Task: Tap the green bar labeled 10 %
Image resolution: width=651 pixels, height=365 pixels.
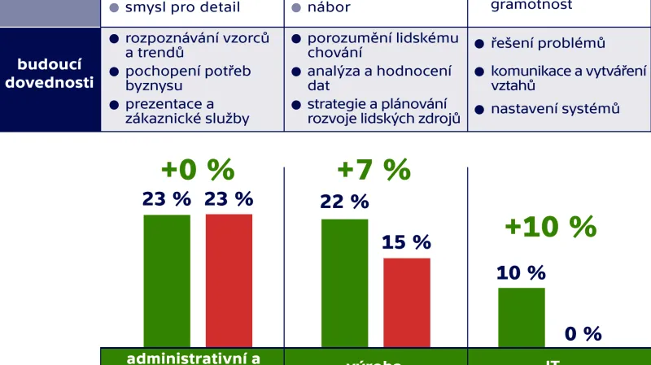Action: [x=521, y=317]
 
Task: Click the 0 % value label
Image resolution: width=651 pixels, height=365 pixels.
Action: [x=583, y=333]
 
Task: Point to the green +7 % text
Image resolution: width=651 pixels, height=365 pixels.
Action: [x=374, y=170]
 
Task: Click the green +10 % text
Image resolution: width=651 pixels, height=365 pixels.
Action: [x=550, y=227]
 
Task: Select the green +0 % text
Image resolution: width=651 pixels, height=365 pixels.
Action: [x=198, y=170]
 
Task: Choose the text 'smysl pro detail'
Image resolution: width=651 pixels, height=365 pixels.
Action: [x=182, y=8]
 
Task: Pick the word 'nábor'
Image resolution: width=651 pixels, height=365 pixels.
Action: [x=328, y=8]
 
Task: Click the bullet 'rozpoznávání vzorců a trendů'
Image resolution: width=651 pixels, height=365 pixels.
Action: [x=196, y=46]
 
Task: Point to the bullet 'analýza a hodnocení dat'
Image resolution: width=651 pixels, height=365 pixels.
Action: [x=378, y=78]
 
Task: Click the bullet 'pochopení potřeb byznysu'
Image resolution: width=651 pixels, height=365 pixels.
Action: [x=187, y=78]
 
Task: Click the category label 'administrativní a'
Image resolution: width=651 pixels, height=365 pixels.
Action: [x=192, y=357]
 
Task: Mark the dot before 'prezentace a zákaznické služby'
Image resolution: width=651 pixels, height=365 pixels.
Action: [x=114, y=104]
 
